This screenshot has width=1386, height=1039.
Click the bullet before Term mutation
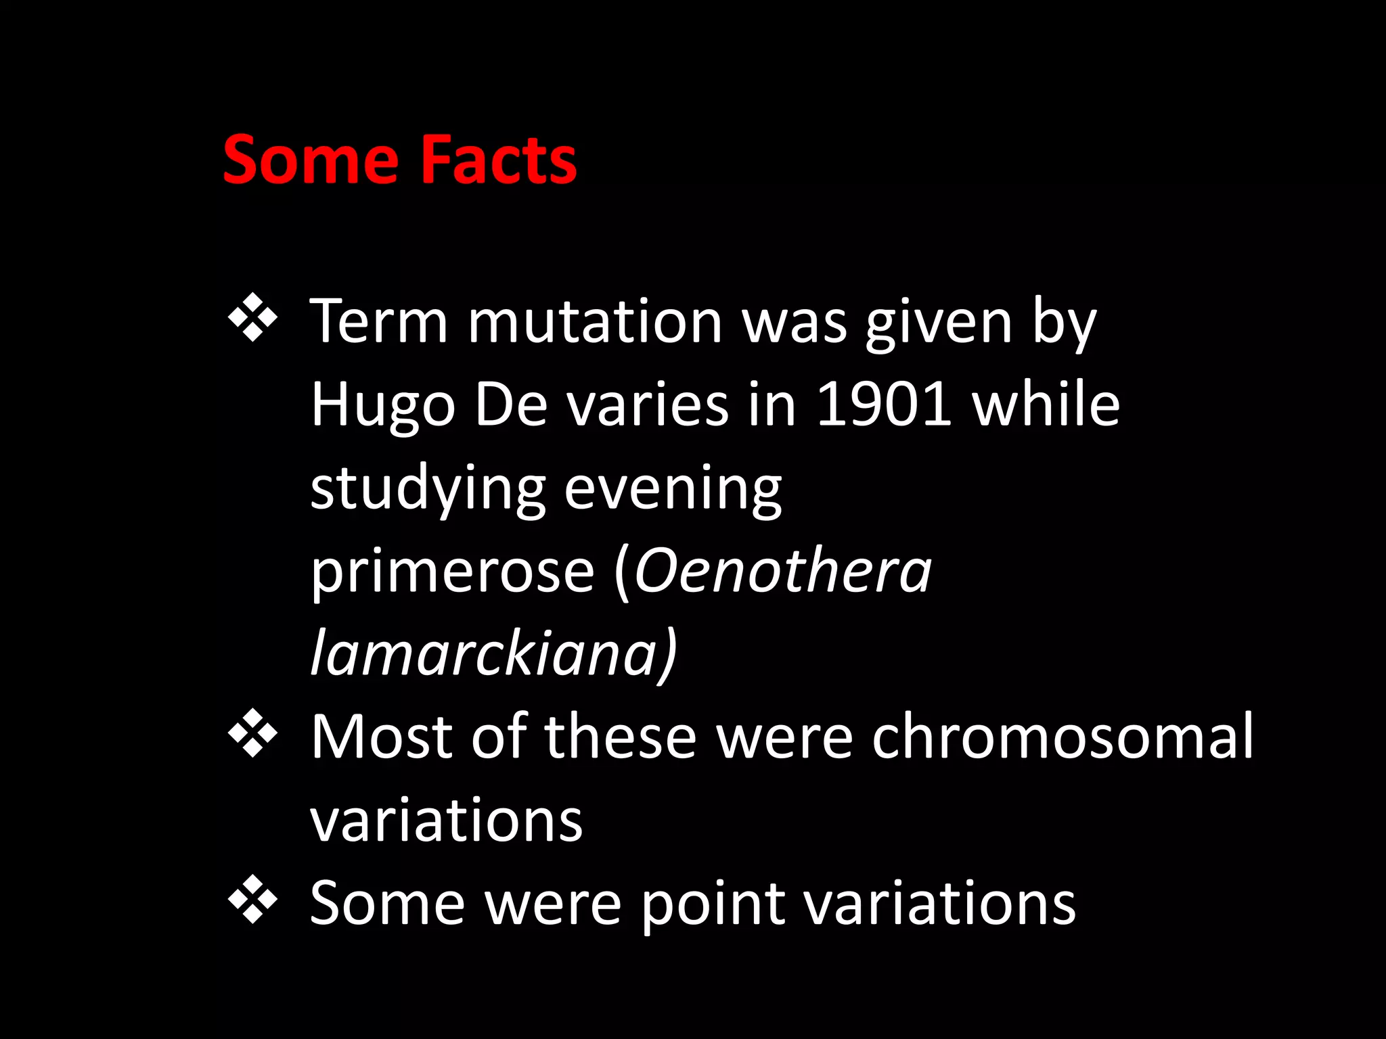point(252,317)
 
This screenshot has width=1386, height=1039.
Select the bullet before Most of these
point(252,732)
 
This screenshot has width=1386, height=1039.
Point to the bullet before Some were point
point(252,899)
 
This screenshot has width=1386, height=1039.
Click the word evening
point(673,490)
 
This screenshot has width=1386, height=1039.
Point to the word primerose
point(452,572)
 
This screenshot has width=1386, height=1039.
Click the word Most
point(382,737)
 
